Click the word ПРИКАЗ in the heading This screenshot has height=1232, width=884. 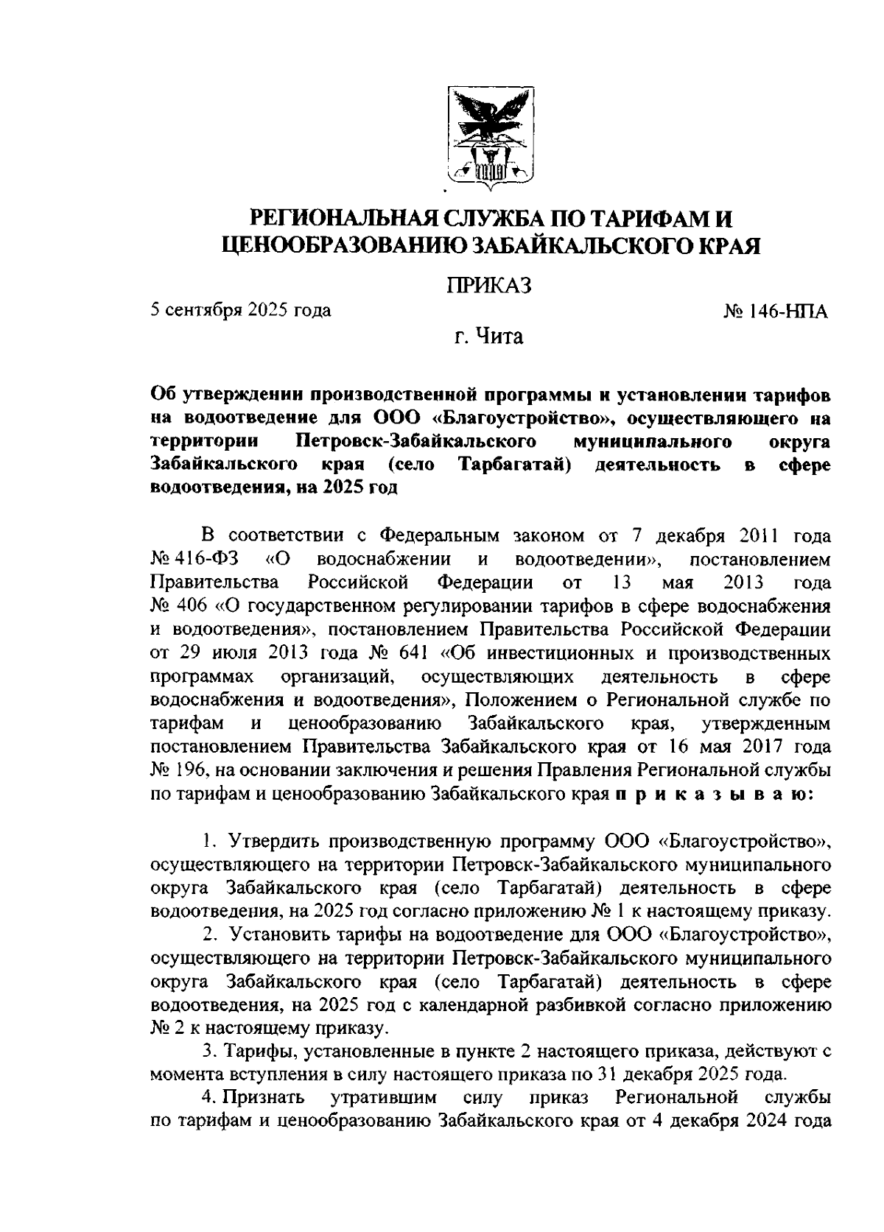(490, 285)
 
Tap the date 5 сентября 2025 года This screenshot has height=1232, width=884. (240, 310)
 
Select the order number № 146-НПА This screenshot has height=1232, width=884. (776, 311)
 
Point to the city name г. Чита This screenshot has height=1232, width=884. (488, 338)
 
